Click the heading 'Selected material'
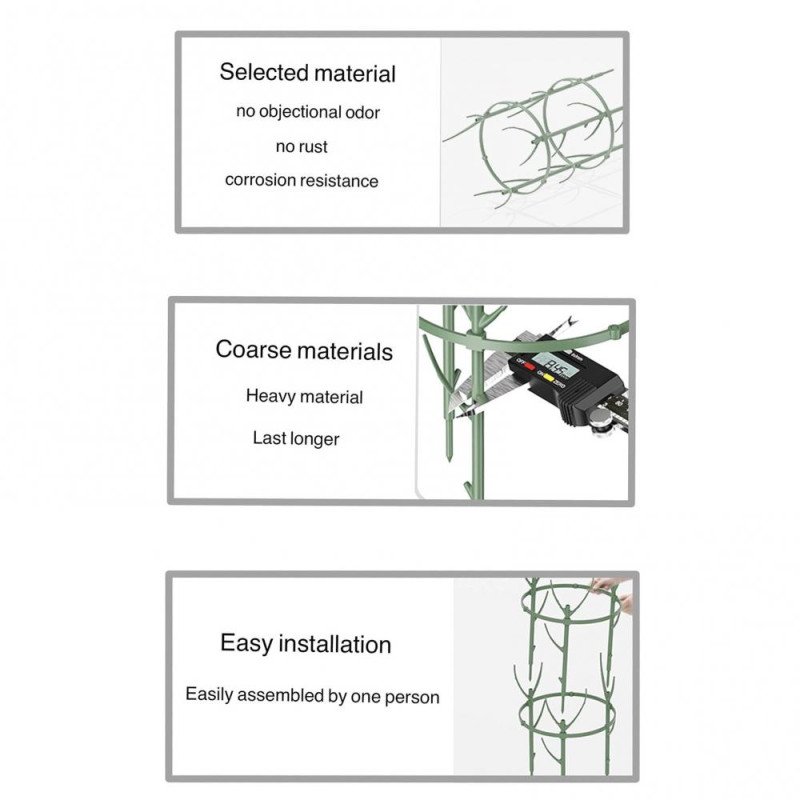pos(307,73)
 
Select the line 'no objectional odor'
pos(308,112)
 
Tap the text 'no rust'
pos(301,147)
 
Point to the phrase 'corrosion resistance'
pos(301,181)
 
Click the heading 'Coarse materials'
pos(304,351)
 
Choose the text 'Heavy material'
pos(304,397)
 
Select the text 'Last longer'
pos(295,439)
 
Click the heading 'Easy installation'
pos(305,644)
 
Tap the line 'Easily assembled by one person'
pos(312,695)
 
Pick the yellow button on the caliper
pos(547,376)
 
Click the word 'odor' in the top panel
pos(362,112)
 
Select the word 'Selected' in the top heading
pos(263,73)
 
